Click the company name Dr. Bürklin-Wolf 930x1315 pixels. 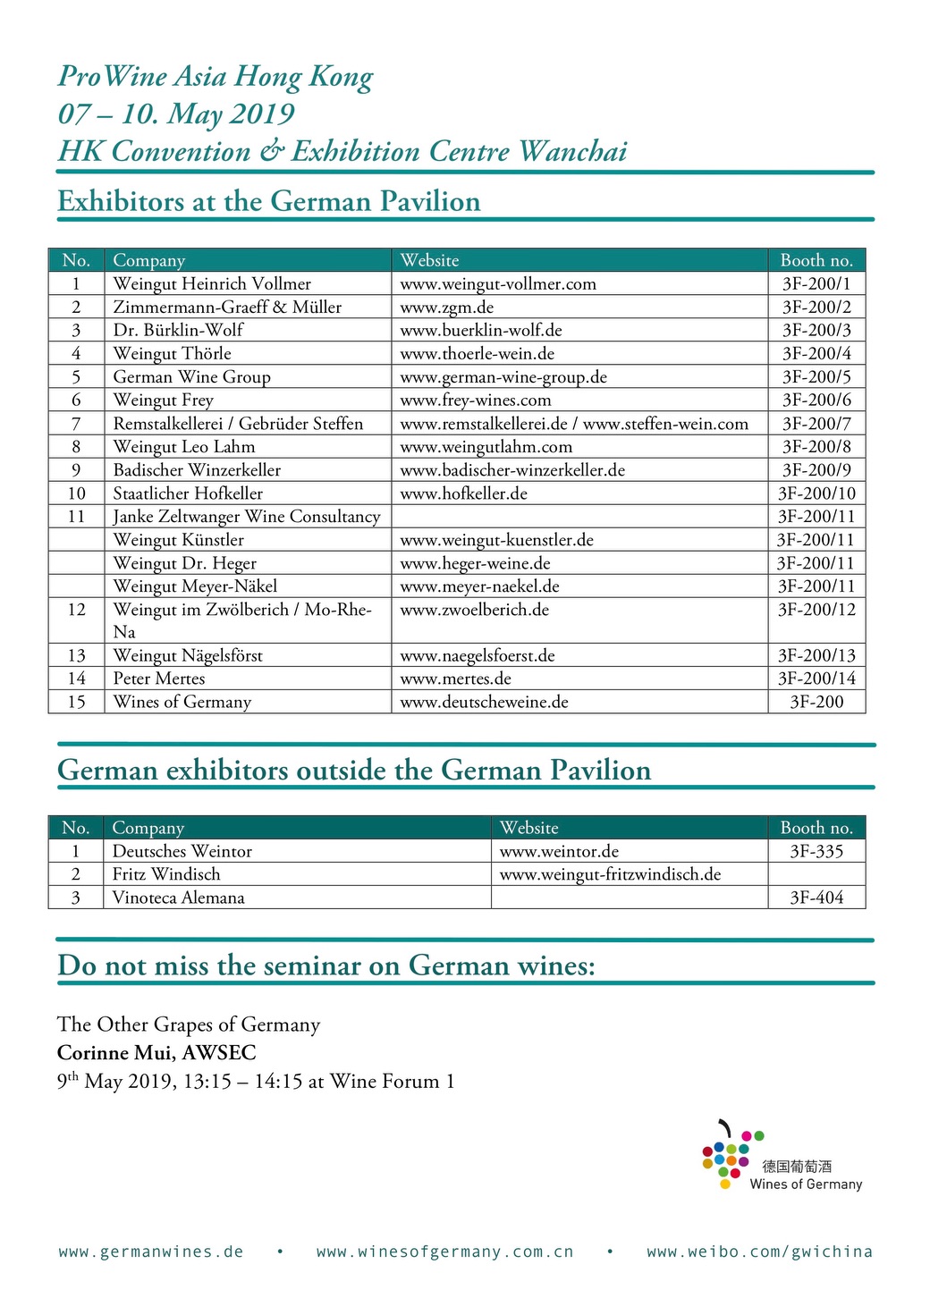pos(178,330)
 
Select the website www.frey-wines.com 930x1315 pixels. pos(475,400)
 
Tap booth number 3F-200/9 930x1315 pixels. pos(816,469)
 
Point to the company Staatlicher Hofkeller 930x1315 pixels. pos(188,493)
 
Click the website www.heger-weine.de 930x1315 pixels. pos(475,563)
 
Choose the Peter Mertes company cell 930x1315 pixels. pos(159,679)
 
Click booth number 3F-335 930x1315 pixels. pos(816,851)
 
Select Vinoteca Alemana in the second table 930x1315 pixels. pos(178,898)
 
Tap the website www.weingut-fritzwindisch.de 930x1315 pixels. pos(610,874)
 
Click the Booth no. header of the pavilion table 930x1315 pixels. pos(816,260)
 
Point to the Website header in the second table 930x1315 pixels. pos(528,828)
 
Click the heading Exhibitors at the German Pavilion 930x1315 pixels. pos(269,201)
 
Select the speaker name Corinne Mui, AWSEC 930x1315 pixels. pos(156,1052)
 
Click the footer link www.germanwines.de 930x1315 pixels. pos(151,1252)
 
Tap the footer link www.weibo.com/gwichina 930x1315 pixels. pos(759,1252)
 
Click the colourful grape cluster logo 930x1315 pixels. pos(731,1154)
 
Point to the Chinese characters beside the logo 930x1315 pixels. pos(797,1166)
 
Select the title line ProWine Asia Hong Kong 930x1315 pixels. pos(216,77)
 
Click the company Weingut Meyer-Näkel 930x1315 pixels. pos(195,586)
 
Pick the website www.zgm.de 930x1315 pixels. pos(446,307)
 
